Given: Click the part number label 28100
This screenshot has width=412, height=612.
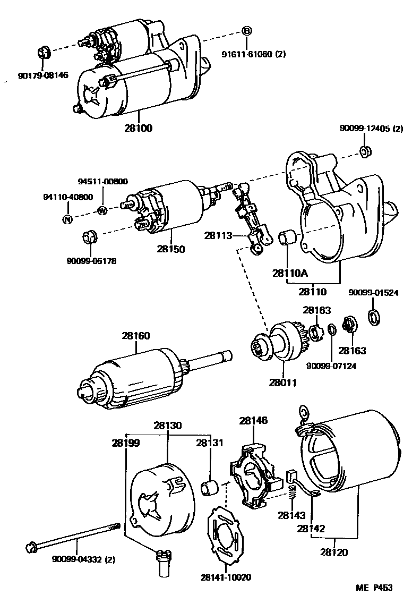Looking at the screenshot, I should click(138, 128).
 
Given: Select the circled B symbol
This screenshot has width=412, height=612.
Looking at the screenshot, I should click(246, 31).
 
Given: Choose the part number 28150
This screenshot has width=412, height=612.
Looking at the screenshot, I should click(171, 248).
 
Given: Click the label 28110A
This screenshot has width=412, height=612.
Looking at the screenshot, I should click(290, 273).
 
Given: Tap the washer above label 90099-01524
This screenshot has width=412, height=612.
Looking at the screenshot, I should click(373, 317).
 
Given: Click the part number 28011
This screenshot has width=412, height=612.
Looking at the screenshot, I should click(282, 381).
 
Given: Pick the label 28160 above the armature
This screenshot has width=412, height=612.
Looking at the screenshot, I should click(135, 336).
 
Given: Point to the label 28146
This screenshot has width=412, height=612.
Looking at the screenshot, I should click(253, 420).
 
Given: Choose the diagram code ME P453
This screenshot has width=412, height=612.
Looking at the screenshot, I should click(374, 588).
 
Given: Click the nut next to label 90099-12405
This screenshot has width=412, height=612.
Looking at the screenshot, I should click(365, 151).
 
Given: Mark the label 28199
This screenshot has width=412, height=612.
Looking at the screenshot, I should click(126, 443).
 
